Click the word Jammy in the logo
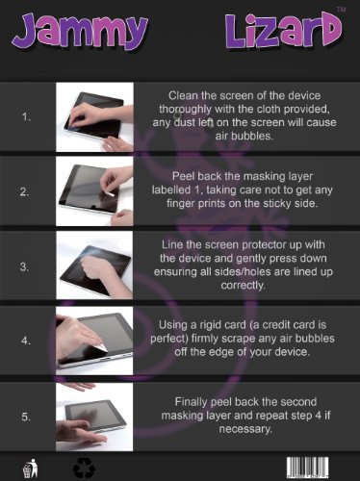(80, 32)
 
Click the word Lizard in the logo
(284, 32)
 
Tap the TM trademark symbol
(341, 10)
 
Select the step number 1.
(26, 117)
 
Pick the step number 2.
(25, 192)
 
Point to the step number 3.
(25, 266)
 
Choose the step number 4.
(26, 341)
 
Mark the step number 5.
(26, 417)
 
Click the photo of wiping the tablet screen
(94, 117)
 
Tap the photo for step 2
(94, 191)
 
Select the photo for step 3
(94, 266)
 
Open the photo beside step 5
(94, 417)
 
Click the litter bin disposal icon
(30, 468)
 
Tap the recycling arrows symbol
(84, 468)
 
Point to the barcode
(307, 468)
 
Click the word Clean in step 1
(183, 95)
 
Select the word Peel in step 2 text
(184, 176)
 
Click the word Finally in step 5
(192, 402)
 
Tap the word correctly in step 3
(243, 286)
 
